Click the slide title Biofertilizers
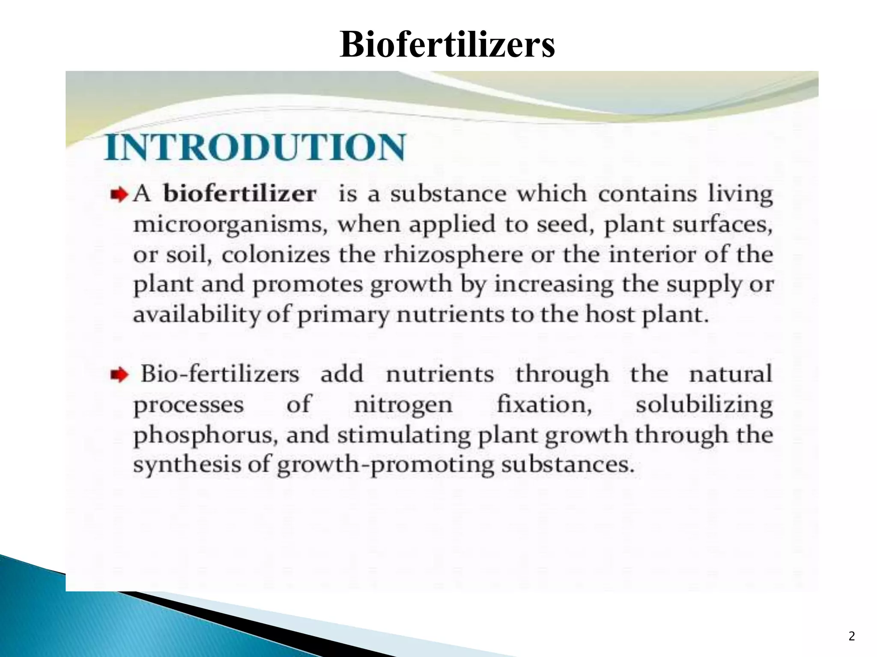[x=447, y=45]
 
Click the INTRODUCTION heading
[x=255, y=148]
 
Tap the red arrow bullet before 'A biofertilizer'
[x=119, y=195]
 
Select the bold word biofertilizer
[x=240, y=194]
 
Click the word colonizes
[x=276, y=255]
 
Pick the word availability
[x=197, y=316]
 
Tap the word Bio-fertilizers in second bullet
[x=220, y=374]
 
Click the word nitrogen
[x=403, y=405]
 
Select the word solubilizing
[x=704, y=405]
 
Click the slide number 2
[x=851, y=636]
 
